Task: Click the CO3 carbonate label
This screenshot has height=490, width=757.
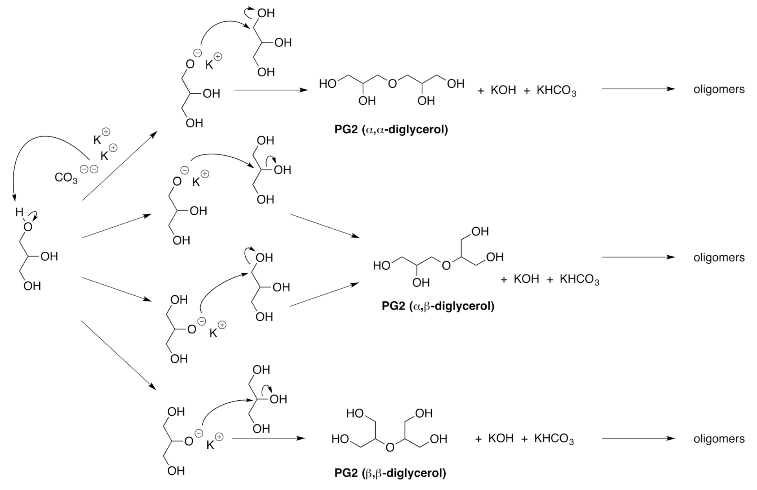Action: [x=66, y=178]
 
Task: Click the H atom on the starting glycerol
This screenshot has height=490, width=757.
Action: [x=19, y=212]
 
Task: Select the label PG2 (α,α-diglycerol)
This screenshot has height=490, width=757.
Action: [x=391, y=129]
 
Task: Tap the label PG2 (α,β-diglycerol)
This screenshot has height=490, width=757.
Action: [x=437, y=306]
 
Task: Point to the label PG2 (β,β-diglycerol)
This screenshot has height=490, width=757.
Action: [x=390, y=472]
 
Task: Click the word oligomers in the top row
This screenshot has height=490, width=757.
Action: [x=719, y=90]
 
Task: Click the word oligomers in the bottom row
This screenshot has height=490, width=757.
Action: [x=719, y=438]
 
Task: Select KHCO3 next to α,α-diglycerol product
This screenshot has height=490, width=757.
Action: [x=556, y=91]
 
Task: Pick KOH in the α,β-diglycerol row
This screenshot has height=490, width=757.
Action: [x=526, y=279]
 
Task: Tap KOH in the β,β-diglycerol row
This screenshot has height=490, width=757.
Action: [x=501, y=438]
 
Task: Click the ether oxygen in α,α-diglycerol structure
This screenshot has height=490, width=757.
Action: [x=392, y=84]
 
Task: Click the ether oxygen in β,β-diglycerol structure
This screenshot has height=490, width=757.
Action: [x=389, y=448]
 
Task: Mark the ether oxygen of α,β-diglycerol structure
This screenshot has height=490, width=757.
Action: [x=446, y=266]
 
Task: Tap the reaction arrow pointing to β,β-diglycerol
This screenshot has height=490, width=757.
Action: [x=268, y=438]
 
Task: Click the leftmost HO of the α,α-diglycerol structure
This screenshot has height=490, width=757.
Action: [x=327, y=84]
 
